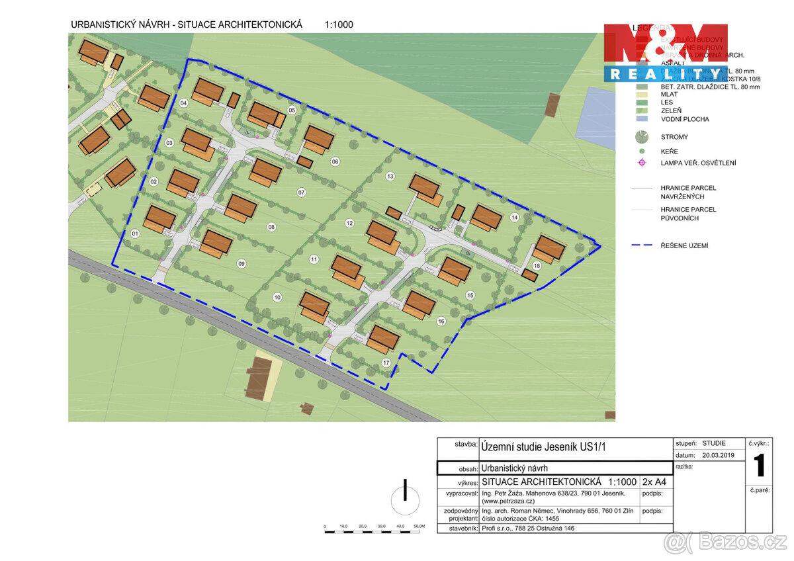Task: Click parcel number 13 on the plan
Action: coord(390,176)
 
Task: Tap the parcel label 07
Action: coord(301,193)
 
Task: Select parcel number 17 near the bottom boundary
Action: coord(386,363)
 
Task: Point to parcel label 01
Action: coord(135,234)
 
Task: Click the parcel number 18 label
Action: coord(537,266)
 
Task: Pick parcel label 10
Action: coord(277,297)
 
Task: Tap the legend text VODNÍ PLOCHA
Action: coord(685,120)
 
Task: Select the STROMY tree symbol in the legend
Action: coord(641,138)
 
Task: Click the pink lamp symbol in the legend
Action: coord(641,163)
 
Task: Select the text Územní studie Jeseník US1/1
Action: coord(543,447)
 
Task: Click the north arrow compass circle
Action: coord(405,501)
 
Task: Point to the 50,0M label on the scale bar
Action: coord(419,527)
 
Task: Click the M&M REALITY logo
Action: coord(665,52)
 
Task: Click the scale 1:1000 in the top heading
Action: coord(339,25)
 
